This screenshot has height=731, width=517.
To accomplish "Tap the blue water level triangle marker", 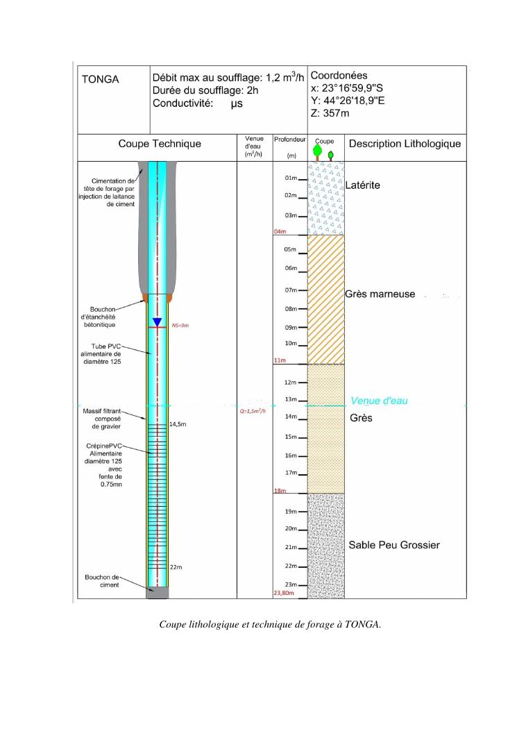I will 158,322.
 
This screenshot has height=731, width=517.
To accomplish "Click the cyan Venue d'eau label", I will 379,401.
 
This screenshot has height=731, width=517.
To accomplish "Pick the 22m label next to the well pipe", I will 176,567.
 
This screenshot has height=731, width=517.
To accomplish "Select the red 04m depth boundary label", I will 280,231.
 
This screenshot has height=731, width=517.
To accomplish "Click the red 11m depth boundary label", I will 280,361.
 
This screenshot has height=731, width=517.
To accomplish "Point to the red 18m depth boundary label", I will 280,490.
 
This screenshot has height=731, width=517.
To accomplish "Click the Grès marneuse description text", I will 380,294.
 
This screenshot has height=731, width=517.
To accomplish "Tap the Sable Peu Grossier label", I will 393,546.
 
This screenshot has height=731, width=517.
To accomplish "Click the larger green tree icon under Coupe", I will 319,151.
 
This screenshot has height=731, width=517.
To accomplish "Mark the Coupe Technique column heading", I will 159,144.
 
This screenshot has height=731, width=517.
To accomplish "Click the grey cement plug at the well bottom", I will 157,593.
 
